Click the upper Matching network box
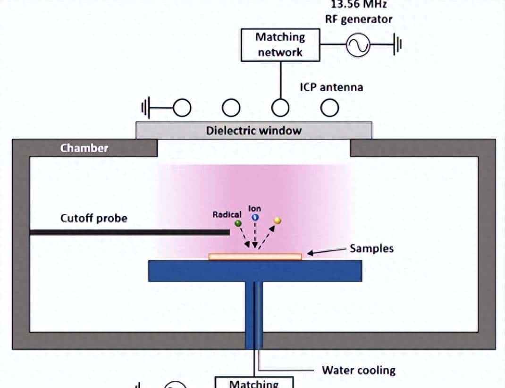[x=280, y=44]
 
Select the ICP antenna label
[x=331, y=87]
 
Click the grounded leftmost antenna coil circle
[x=182, y=109]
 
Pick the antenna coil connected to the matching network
[x=280, y=109]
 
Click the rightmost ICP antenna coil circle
[x=329, y=109]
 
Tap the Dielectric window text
[x=253, y=131]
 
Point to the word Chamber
[x=84, y=148]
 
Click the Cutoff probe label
[x=93, y=219]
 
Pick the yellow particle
[x=278, y=220]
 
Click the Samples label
[x=371, y=248]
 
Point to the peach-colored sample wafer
[x=255, y=257]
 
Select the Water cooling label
[x=359, y=370]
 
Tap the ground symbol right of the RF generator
[x=398, y=45]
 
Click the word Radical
[x=227, y=215]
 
